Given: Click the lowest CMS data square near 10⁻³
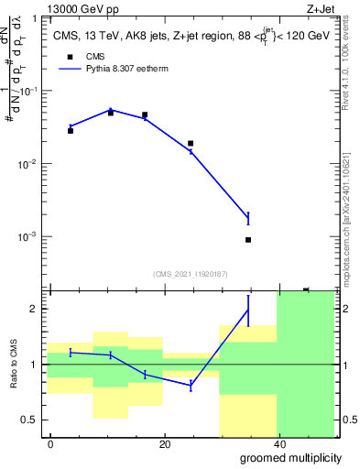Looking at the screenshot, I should click(x=248, y=240).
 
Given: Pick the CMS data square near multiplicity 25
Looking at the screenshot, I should click(x=191, y=144).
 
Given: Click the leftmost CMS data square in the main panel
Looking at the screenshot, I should click(x=71, y=131).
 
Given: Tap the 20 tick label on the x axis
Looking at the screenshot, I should click(x=165, y=444).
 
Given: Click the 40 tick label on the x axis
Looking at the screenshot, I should click(x=278, y=444).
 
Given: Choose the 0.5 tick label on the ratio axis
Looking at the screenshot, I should click(x=32, y=420).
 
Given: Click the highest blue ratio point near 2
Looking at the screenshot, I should click(x=248, y=310).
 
